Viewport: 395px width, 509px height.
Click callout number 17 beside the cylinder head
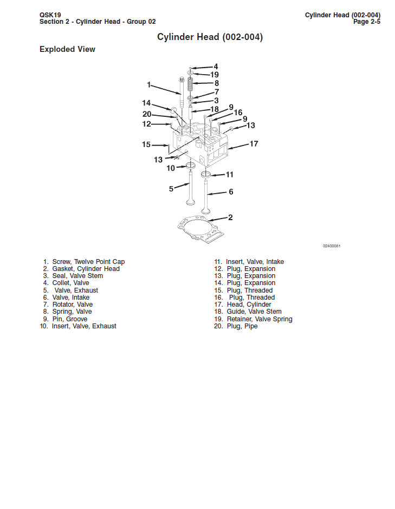(254, 144)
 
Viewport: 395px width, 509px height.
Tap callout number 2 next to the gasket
(230, 217)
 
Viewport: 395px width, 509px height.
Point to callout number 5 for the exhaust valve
(171, 189)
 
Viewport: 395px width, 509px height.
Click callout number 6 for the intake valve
(231, 191)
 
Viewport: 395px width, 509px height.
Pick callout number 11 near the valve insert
(230, 174)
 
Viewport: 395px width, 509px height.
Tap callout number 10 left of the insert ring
(171, 168)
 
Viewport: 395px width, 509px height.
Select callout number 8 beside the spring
(216, 83)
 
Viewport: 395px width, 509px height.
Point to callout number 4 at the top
(216, 67)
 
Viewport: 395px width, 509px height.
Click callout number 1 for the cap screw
(149, 84)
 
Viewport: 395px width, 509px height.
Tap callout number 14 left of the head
(146, 103)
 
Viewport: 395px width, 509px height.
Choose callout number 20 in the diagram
(147, 114)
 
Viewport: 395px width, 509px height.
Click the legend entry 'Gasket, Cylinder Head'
(86, 269)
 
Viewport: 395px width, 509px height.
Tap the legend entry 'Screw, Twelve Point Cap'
(88, 262)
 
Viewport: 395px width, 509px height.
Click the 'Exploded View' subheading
(67, 49)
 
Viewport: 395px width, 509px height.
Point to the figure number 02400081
(332, 246)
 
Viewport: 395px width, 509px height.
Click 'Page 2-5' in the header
(366, 22)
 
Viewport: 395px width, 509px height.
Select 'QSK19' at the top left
(50, 15)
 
